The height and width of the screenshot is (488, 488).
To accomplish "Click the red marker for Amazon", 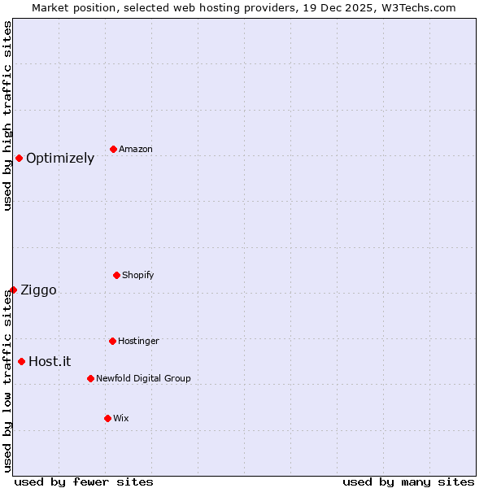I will pos(113,149).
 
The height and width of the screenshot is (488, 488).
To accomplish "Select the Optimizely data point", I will pos(19,158).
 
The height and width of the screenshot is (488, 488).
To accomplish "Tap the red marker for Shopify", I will pos(116,275).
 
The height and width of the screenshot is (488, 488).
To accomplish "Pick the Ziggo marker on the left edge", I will pos(13,290).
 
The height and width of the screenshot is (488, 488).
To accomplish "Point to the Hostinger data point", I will pos(112,341).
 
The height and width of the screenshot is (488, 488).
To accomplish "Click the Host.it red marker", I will pos(21,361).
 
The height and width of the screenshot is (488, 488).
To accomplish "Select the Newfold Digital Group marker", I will pos(90,378).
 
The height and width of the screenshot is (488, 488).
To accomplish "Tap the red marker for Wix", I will pos(107,418).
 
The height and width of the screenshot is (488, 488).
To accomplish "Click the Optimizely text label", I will pos(60,159).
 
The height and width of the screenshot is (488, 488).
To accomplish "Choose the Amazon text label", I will pos(136,150).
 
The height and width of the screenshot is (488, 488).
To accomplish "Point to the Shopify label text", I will pos(138,276).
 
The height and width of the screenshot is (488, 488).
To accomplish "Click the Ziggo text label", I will pos(38,290).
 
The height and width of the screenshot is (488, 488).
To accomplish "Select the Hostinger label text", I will pos(138,342).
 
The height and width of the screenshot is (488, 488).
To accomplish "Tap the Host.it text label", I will pos(50,362).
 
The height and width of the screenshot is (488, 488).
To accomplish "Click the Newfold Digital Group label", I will pos(143,379).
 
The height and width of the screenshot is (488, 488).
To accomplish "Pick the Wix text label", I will pos(121,419).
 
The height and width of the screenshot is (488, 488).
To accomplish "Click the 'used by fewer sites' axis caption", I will pos(84,481).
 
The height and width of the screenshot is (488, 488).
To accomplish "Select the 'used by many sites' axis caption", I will pos(408,481).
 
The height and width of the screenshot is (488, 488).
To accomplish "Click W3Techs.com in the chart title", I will pos(415,7).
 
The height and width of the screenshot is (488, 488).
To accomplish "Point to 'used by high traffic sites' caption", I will pos(7,116).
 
